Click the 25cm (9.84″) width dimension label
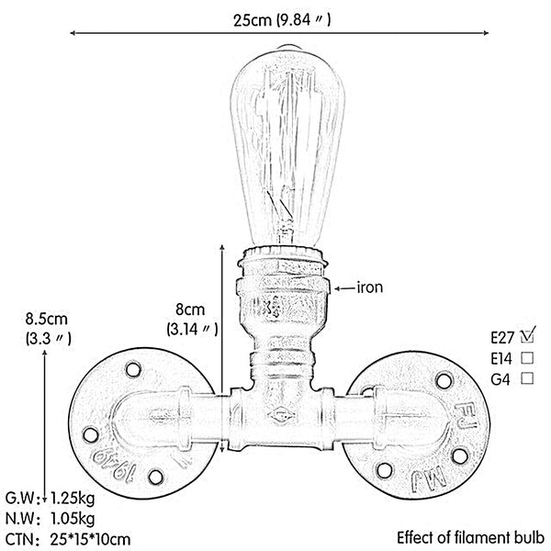(x=282, y=20)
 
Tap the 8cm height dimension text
(x=190, y=310)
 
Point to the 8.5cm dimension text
(x=47, y=319)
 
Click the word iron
(x=370, y=287)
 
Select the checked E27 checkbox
(x=527, y=336)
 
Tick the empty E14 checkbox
(x=527, y=358)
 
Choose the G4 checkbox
(x=527, y=378)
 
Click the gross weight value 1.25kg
(x=73, y=498)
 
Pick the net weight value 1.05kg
(x=73, y=518)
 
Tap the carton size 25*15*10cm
(x=90, y=539)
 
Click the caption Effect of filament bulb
(x=471, y=537)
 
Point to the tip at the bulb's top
(x=287, y=46)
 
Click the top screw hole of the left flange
(x=133, y=370)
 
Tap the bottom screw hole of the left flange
(x=155, y=477)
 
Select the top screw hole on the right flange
(x=444, y=381)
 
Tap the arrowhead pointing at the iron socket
(x=337, y=289)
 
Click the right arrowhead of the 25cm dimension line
(x=486, y=33)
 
